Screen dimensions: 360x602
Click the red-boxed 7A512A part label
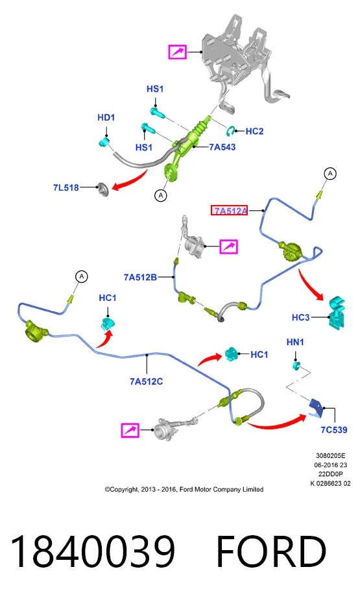coord(229,210)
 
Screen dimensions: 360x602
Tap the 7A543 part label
coord(222,147)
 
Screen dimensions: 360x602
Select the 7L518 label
coord(66,187)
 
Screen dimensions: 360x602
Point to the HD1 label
coord(106,117)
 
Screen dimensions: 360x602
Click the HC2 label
coord(254,131)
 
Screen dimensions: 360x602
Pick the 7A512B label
coord(140,277)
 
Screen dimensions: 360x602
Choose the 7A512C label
coord(146,381)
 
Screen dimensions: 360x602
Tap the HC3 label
coord(300,317)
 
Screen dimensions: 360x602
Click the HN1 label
coord(295,342)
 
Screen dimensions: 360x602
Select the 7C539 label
coord(334,430)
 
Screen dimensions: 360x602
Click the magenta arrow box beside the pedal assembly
coord(177,52)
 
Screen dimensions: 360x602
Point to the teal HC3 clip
coord(337,312)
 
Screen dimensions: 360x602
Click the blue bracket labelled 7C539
coord(317,408)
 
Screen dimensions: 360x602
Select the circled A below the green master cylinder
coord(161,195)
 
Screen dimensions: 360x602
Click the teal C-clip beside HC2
coord(231,131)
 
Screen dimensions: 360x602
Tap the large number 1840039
coord(93,551)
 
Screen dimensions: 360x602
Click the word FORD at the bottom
coord(271,551)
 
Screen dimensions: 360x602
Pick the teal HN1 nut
coord(296,365)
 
